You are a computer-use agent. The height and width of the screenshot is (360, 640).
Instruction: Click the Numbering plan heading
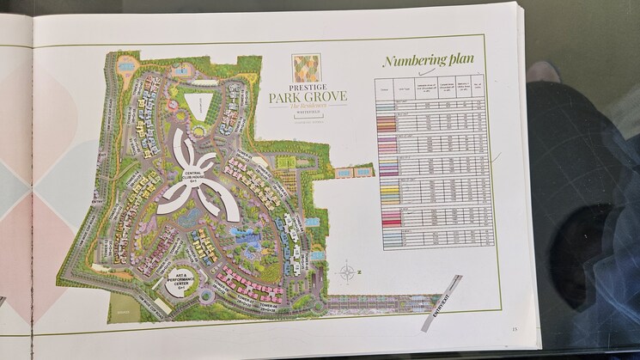pos(428,60)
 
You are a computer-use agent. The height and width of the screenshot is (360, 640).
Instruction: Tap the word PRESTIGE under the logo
pos(306,86)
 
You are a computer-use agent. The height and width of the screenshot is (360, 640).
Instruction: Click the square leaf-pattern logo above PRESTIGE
pos(306,67)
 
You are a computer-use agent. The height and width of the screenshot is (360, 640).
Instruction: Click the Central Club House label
pos(195,176)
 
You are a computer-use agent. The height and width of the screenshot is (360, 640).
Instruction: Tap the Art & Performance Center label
pos(180,278)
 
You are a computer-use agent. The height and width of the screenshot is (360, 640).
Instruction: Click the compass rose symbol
pos(346,273)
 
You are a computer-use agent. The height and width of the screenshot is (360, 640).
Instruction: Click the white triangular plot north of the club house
pos(199,106)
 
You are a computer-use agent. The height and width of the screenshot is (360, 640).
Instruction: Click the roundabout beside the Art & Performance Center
pos(207,295)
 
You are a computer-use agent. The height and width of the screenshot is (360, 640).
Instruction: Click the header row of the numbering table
pos(430,88)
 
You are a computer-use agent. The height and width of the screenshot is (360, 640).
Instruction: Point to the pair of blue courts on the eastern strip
pos(354,173)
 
